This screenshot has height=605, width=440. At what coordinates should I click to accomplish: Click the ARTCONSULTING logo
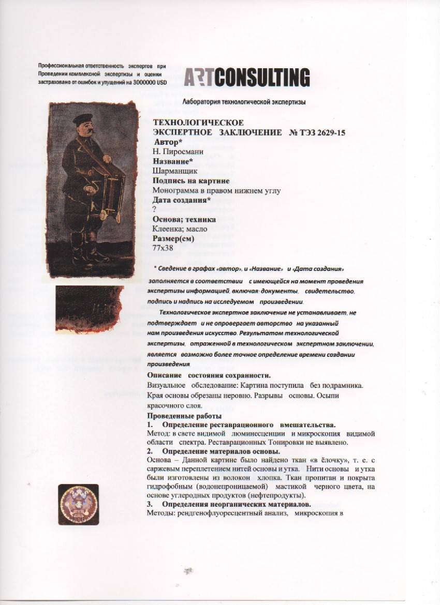pos(247,78)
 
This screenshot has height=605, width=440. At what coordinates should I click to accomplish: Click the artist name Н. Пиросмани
pos(178,152)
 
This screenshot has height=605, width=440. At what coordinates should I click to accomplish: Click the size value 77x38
pos(163,248)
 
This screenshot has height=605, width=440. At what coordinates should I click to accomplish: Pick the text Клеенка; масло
pos(180,229)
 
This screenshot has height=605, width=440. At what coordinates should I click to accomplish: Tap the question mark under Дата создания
pos(154,209)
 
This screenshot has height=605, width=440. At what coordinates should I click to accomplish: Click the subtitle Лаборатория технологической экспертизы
pos(244,102)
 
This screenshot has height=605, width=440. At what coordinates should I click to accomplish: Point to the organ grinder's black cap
pos(83,118)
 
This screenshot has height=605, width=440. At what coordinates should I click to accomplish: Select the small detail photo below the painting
pos(89,309)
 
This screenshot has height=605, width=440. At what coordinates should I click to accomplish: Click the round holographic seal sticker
pos(78,504)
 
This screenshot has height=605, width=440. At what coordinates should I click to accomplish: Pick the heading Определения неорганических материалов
pos(236,504)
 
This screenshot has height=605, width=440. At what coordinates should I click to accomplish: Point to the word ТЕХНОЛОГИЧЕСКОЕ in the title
pos(198,123)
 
